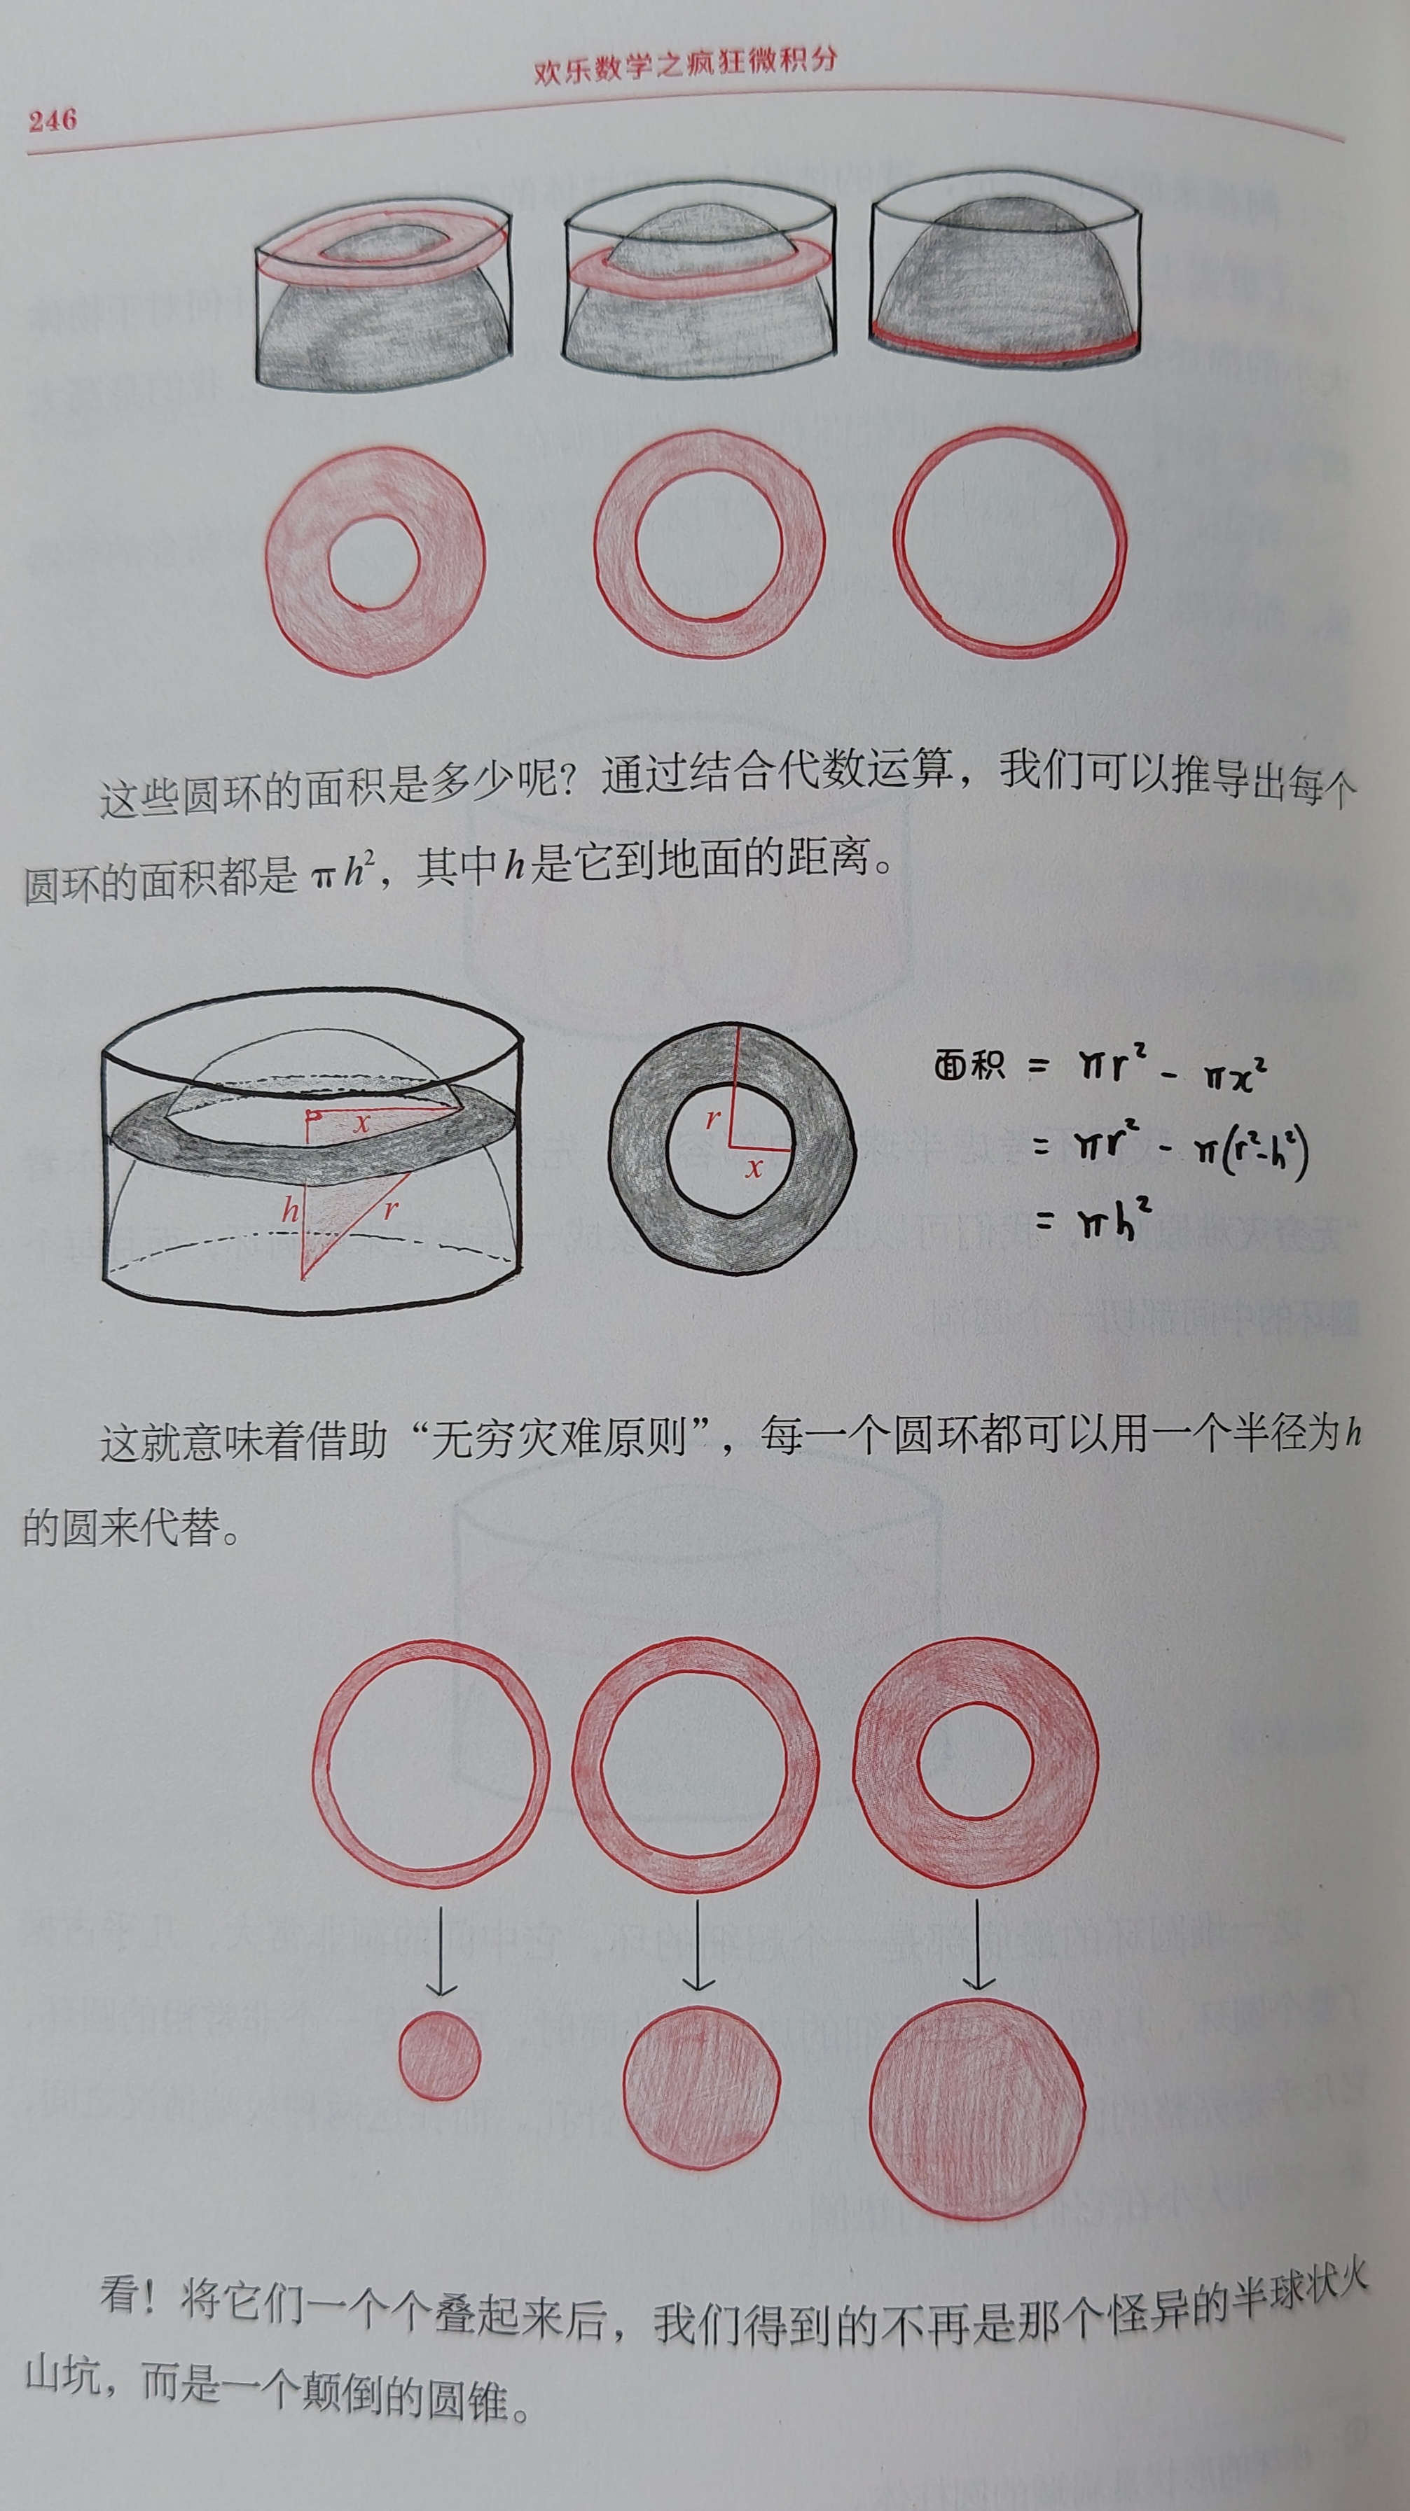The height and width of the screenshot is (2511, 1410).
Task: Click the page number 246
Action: (53, 120)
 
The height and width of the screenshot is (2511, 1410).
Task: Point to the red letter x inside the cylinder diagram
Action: (361, 1123)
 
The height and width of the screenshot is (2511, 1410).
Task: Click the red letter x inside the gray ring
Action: (753, 1167)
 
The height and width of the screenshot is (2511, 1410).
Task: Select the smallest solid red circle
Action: (440, 2056)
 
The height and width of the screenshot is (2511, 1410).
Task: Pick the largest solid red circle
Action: (977, 2094)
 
